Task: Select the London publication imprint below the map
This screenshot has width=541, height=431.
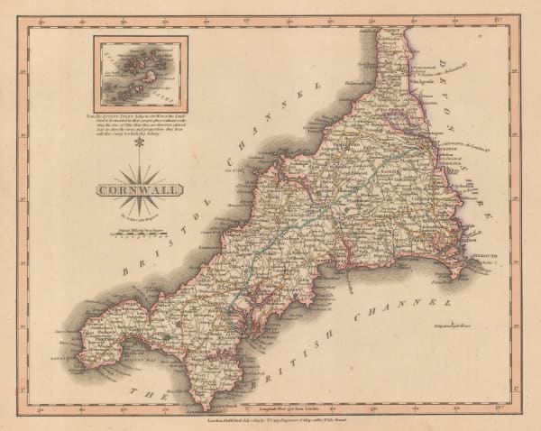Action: (270, 418)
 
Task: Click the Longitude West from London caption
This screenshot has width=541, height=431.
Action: (270, 408)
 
